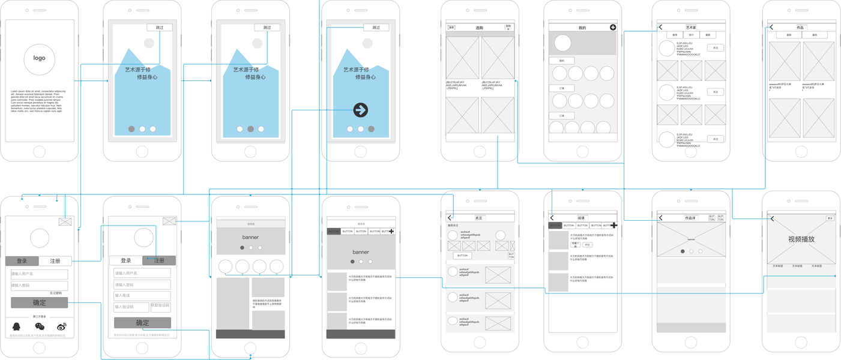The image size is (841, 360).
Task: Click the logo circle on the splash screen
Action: [39, 58]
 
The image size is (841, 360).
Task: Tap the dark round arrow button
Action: [360, 110]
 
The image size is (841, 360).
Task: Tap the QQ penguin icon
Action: [17, 326]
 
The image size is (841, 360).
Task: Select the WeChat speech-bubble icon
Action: [40, 326]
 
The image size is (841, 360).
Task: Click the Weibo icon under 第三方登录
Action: [61, 326]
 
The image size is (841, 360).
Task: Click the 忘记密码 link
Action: [55, 293]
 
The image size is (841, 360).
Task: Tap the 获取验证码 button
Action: [160, 306]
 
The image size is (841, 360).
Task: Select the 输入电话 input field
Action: [142, 296]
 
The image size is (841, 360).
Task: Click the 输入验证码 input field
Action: [131, 307]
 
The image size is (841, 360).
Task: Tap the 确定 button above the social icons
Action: [39, 303]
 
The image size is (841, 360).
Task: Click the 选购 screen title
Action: [479, 28]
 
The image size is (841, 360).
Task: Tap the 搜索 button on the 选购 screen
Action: [451, 28]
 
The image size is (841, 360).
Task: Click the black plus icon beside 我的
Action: [613, 27]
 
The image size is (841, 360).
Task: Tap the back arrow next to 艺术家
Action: [661, 27]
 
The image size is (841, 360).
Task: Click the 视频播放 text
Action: [801, 239]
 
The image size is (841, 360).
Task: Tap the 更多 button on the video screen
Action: [830, 218]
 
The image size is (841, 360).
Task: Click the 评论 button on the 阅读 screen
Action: [587, 245]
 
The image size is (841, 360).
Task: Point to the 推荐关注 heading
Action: [453, 226]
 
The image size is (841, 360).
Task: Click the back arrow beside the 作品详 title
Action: [661, 218]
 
